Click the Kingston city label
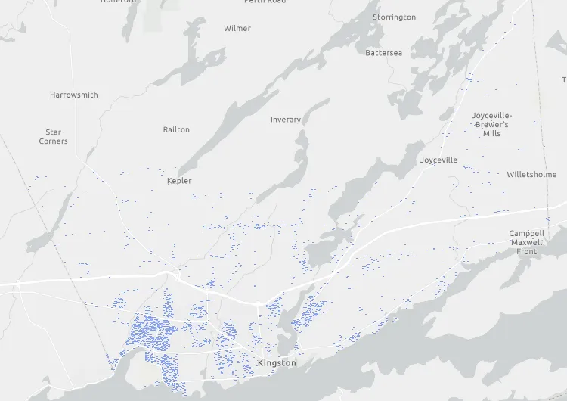tap(277, 363)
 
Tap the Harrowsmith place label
tap(74, 95)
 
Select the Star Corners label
tap(53, 136)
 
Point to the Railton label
tap(176, 129)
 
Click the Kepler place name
tap(179, 181)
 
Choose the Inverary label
tap(286, 120)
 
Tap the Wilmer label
tap(237, 29)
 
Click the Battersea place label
tap(384, 53)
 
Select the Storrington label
tap(394, 17)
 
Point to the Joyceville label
tap(439, 160)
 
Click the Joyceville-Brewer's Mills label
tap(492, 124)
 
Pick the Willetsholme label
tap(531, 174)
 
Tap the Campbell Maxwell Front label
tap(527, 242)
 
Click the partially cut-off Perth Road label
tap(265, 2)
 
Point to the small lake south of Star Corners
tap(42, 241)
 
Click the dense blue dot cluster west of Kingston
tap(151, 333)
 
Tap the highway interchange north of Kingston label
tap(258, 303)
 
